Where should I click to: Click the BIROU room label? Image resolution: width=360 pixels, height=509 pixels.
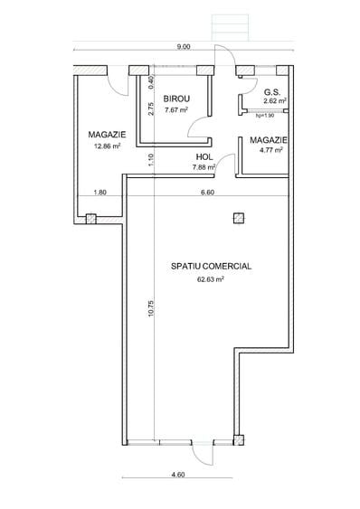(176, 99)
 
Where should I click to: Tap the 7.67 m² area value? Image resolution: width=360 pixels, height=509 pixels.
(175, 110)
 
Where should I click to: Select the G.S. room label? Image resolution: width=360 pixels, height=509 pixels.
(271, 91)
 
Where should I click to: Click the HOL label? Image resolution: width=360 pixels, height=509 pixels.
(204, 156)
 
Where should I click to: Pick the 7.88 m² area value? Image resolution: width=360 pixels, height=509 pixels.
(204, 166)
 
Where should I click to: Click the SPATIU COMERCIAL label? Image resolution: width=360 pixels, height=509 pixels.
(211, 267)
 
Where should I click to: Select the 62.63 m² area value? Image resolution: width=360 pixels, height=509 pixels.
(210, 279)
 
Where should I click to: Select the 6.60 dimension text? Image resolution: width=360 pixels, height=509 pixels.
(207, 192)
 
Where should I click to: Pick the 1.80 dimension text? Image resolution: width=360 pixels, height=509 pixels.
(100, 192)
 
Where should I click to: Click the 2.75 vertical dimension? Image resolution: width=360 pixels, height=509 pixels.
(150, 110)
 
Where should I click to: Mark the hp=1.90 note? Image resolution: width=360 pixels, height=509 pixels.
(264, 115)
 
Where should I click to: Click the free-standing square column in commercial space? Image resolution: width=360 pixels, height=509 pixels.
(238, 217)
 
